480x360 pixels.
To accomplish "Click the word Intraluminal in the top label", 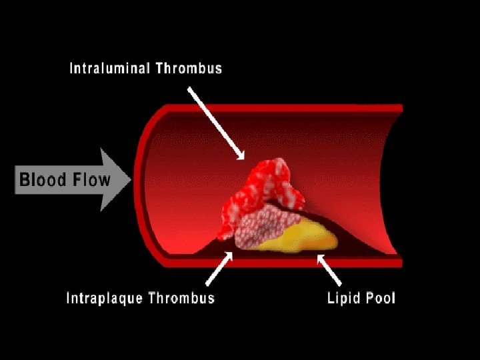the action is (108, 69).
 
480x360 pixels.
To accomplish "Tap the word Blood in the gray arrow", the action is (41, 180).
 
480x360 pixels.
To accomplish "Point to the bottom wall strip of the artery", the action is (280, 263).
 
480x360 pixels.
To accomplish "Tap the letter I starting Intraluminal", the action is (72, 69).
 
